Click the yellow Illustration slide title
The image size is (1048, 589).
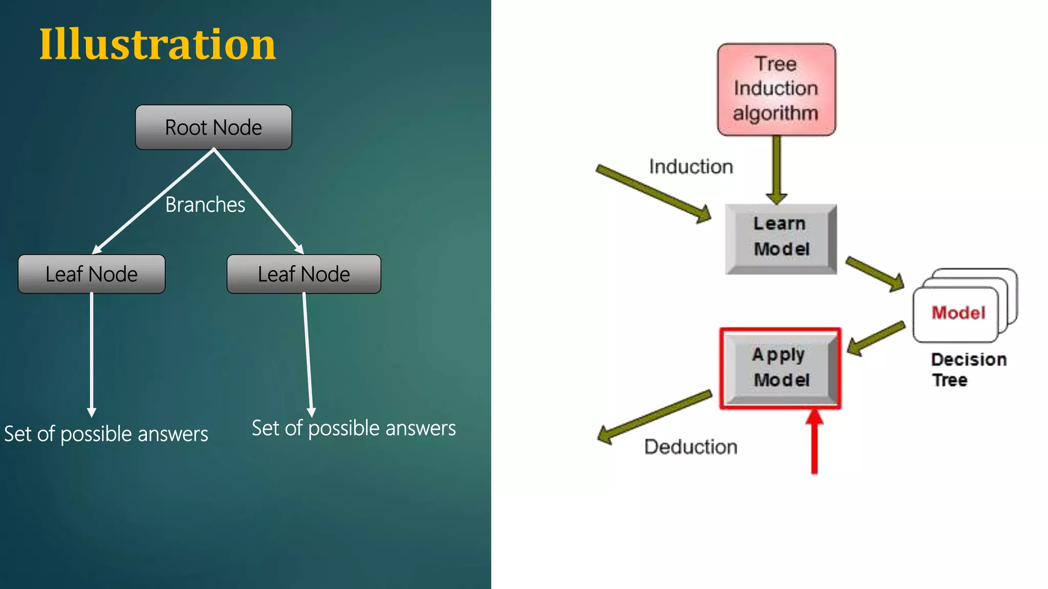(x=158, y=45)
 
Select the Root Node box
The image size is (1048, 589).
(x=213, y=127)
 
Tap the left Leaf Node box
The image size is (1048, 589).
(x=92, y=274)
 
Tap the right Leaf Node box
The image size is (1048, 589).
(x=304, y=274)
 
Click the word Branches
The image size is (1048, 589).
(x=205, y=205)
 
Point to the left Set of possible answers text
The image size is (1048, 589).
(x=106, y=434)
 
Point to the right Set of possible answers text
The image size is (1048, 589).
(x=354, y=428)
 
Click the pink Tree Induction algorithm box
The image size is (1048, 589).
(x=776, y=89)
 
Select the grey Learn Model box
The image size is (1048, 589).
(x=781, y=238)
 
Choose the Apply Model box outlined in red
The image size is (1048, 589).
(x=780, y=368)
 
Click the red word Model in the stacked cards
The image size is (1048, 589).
(x=958, y=313)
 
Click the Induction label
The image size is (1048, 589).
(x=691, y=167)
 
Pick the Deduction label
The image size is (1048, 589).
(x=691, y=447)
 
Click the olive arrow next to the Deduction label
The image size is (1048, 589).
(x=655, y=417)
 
